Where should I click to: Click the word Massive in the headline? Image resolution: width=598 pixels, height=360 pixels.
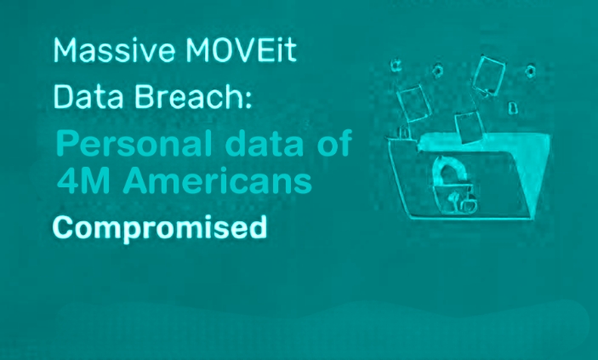click(x=115, y=50)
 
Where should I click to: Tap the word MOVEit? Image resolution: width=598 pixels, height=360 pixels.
click(x=242, y=50)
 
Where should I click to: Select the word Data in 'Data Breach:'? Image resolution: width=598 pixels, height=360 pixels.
click(x=88, y=97)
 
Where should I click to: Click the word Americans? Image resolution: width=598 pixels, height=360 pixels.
click(x=218, y=180)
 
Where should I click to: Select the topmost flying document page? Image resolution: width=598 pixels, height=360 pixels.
click(x=489, y=75)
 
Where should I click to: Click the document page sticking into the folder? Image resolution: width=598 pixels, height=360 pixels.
click(x=469, y=127)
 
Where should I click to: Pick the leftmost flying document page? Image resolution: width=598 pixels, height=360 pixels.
click(x=414, y=103)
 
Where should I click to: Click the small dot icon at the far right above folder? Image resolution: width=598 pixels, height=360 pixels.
click(x=531, y=71)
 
